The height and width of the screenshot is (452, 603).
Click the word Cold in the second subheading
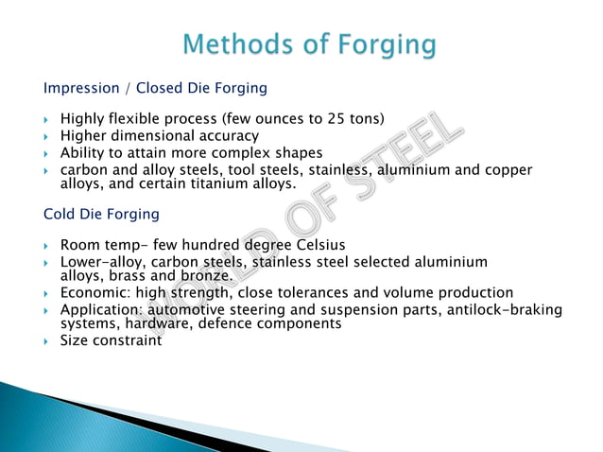tap(61, 214)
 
